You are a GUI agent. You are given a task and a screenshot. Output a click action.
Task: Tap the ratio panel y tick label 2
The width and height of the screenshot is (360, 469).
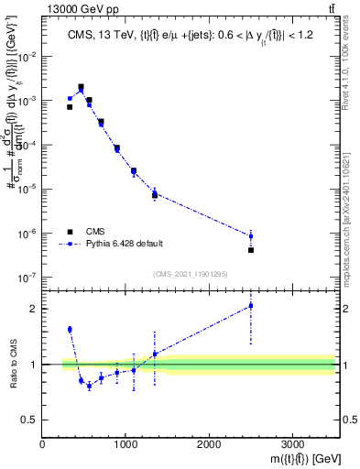[x=34, y=309]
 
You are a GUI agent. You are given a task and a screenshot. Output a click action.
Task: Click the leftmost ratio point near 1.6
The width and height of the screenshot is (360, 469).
[x=70, y=329]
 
